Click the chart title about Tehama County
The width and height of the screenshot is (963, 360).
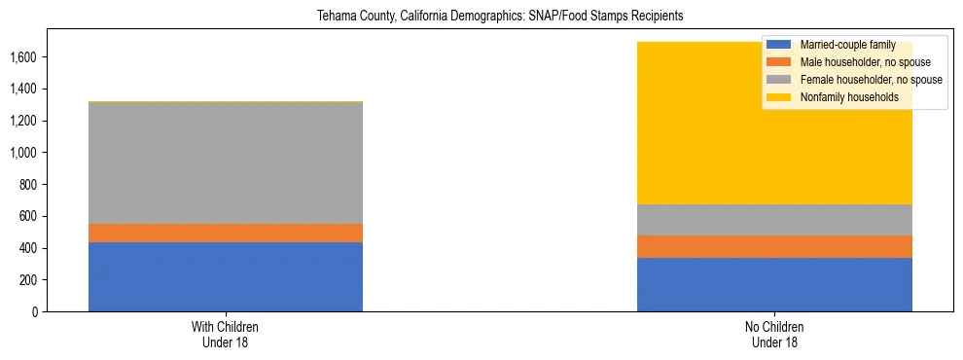(481, 17)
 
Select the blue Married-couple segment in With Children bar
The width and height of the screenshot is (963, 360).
(226, 276)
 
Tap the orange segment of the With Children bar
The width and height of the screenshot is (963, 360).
(226, 234)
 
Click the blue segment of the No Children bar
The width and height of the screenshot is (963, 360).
(774, 284)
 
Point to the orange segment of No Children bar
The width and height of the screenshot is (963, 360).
(774, 246)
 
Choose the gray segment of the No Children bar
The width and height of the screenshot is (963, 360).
(774, 220)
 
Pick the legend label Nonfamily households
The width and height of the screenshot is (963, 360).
(844, 97)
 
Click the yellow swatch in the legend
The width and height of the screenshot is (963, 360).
(780, 97)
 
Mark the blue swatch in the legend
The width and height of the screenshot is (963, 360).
(780, 45)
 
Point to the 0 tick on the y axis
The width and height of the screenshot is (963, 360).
(36, 312)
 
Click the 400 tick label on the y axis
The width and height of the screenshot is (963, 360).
(29, 248)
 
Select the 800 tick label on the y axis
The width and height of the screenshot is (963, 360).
(29, 185)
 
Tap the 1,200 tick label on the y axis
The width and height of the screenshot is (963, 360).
(25, 121)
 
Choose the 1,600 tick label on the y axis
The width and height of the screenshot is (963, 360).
(25, 57)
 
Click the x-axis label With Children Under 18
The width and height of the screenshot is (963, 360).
(226, 334)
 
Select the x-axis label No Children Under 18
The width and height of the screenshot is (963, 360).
(774, 334)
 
